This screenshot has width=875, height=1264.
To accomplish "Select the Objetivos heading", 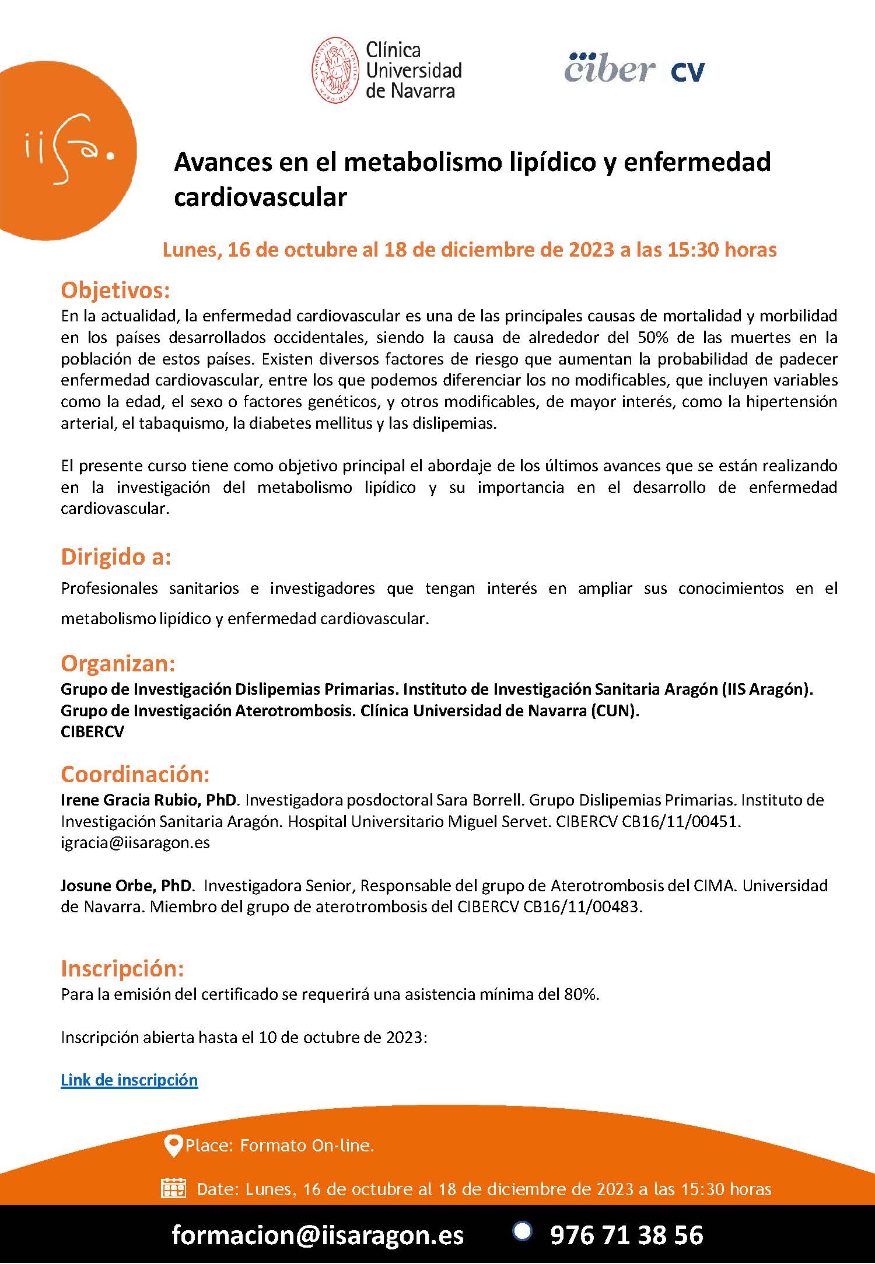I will click(x=115, y=290).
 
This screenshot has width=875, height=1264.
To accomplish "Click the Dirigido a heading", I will click(x=116, y=557).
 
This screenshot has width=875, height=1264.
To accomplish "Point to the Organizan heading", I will click(x=118, y=663).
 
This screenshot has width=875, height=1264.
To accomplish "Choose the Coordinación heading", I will click(x=135, y=774).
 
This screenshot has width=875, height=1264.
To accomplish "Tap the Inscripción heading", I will click(x=123, y=968).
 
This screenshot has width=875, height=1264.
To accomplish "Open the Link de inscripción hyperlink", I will click(x=129, y=1080).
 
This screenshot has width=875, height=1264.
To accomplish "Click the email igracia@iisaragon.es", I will click(x=135, y=842).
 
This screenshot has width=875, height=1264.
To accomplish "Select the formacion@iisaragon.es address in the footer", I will click(x=317, y=1235).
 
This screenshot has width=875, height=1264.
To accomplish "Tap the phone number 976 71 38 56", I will click(x=626, y=1235).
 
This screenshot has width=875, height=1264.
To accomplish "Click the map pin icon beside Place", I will click(x=173, y=1146).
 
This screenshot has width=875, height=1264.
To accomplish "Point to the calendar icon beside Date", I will click(x=173, y=1188).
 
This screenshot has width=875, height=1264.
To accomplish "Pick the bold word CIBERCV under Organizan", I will click(x=92, y=731).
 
